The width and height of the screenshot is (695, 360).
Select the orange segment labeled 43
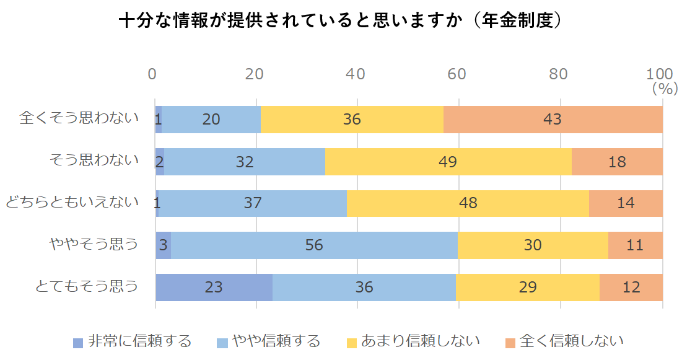click(553, 120)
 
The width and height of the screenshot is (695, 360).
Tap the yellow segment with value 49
click(448, 162)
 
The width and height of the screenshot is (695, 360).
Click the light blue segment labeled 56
click(314, 245)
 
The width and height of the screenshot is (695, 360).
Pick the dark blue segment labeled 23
click(214, 288)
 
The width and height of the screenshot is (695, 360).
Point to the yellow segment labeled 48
click(468, 203)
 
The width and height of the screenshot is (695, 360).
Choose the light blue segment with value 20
click(211, 120)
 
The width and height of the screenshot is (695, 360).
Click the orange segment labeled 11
click(635, 245)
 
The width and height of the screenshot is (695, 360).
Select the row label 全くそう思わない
click(79, 118)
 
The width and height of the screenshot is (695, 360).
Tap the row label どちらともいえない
click(72, 202)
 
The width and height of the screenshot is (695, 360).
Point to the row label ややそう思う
click(94, 244)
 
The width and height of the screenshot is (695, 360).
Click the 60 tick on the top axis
click(457, 74)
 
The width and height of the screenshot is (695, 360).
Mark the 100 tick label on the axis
click(659, 74)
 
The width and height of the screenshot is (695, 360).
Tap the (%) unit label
click(665, 89)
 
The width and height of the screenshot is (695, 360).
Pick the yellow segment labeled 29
click(528, 288)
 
